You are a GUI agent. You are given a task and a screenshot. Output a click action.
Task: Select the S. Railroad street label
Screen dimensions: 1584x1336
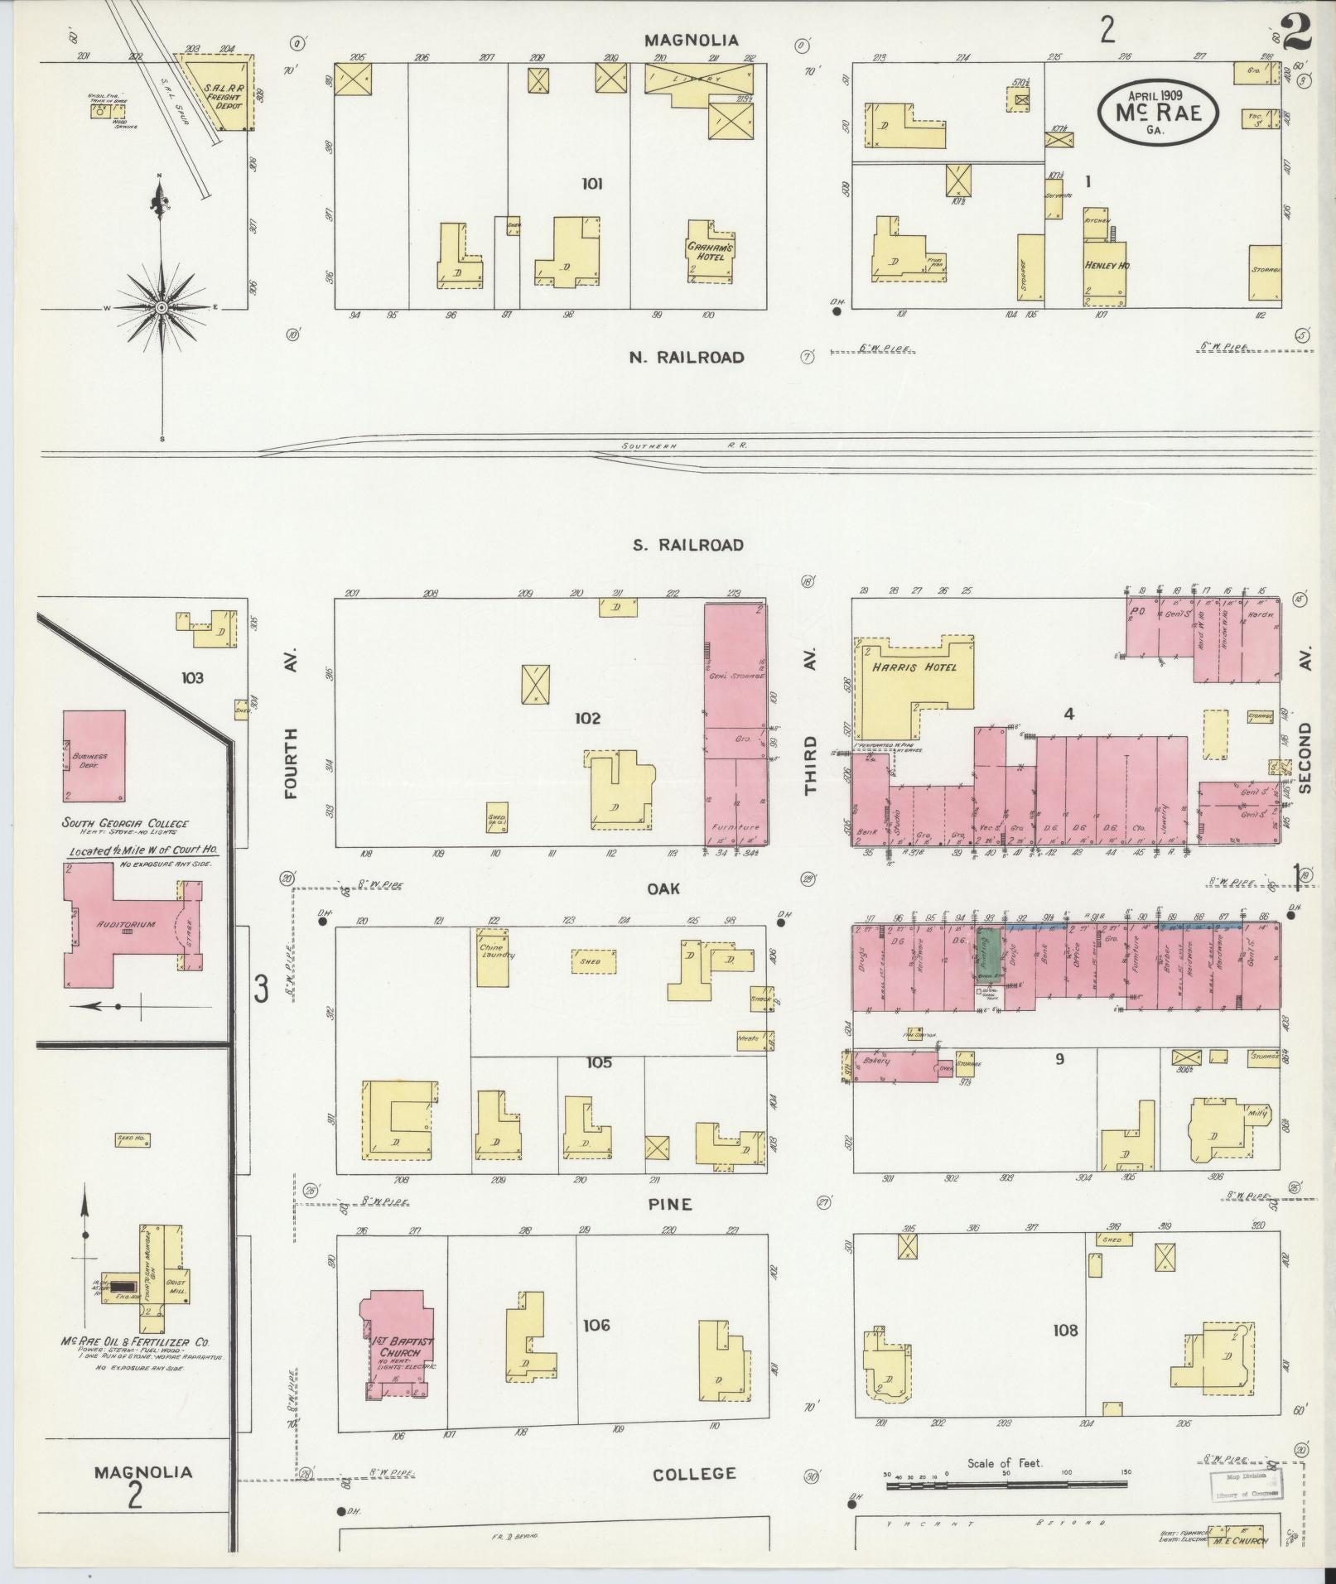[687, 545]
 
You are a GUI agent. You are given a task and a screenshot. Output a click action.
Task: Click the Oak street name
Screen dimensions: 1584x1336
[663, 888]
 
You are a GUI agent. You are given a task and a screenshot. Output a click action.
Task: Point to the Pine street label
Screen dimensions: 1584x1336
[670, 1204]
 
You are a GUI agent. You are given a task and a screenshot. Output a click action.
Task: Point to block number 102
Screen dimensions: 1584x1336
[586, 718]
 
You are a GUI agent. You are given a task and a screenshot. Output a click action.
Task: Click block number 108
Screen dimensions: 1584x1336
[1065, 1330]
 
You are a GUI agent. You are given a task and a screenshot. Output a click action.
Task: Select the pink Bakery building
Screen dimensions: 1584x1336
[895, 1067]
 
